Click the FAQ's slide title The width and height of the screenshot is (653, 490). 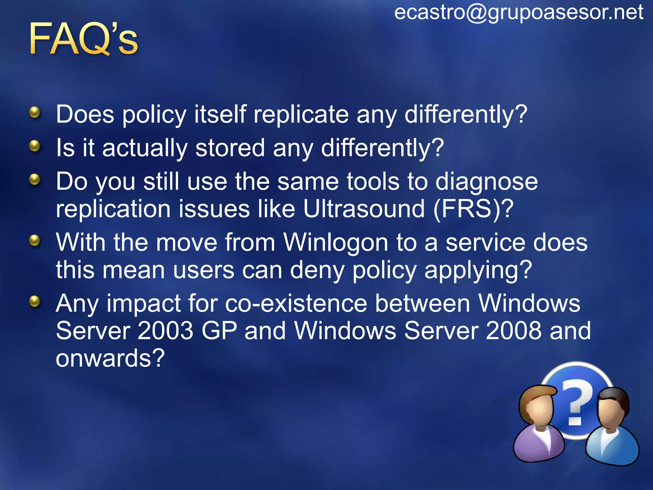(x=84, y=39)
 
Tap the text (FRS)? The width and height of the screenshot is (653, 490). (x=473, y=209)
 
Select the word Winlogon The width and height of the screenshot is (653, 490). (x=336, y=242)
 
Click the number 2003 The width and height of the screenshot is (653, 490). (x=165, y=331)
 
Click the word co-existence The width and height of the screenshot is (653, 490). (x=296, y=303)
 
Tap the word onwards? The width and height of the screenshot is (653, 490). (x=110, y=358)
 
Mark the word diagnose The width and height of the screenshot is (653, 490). (x=487, y=182)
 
